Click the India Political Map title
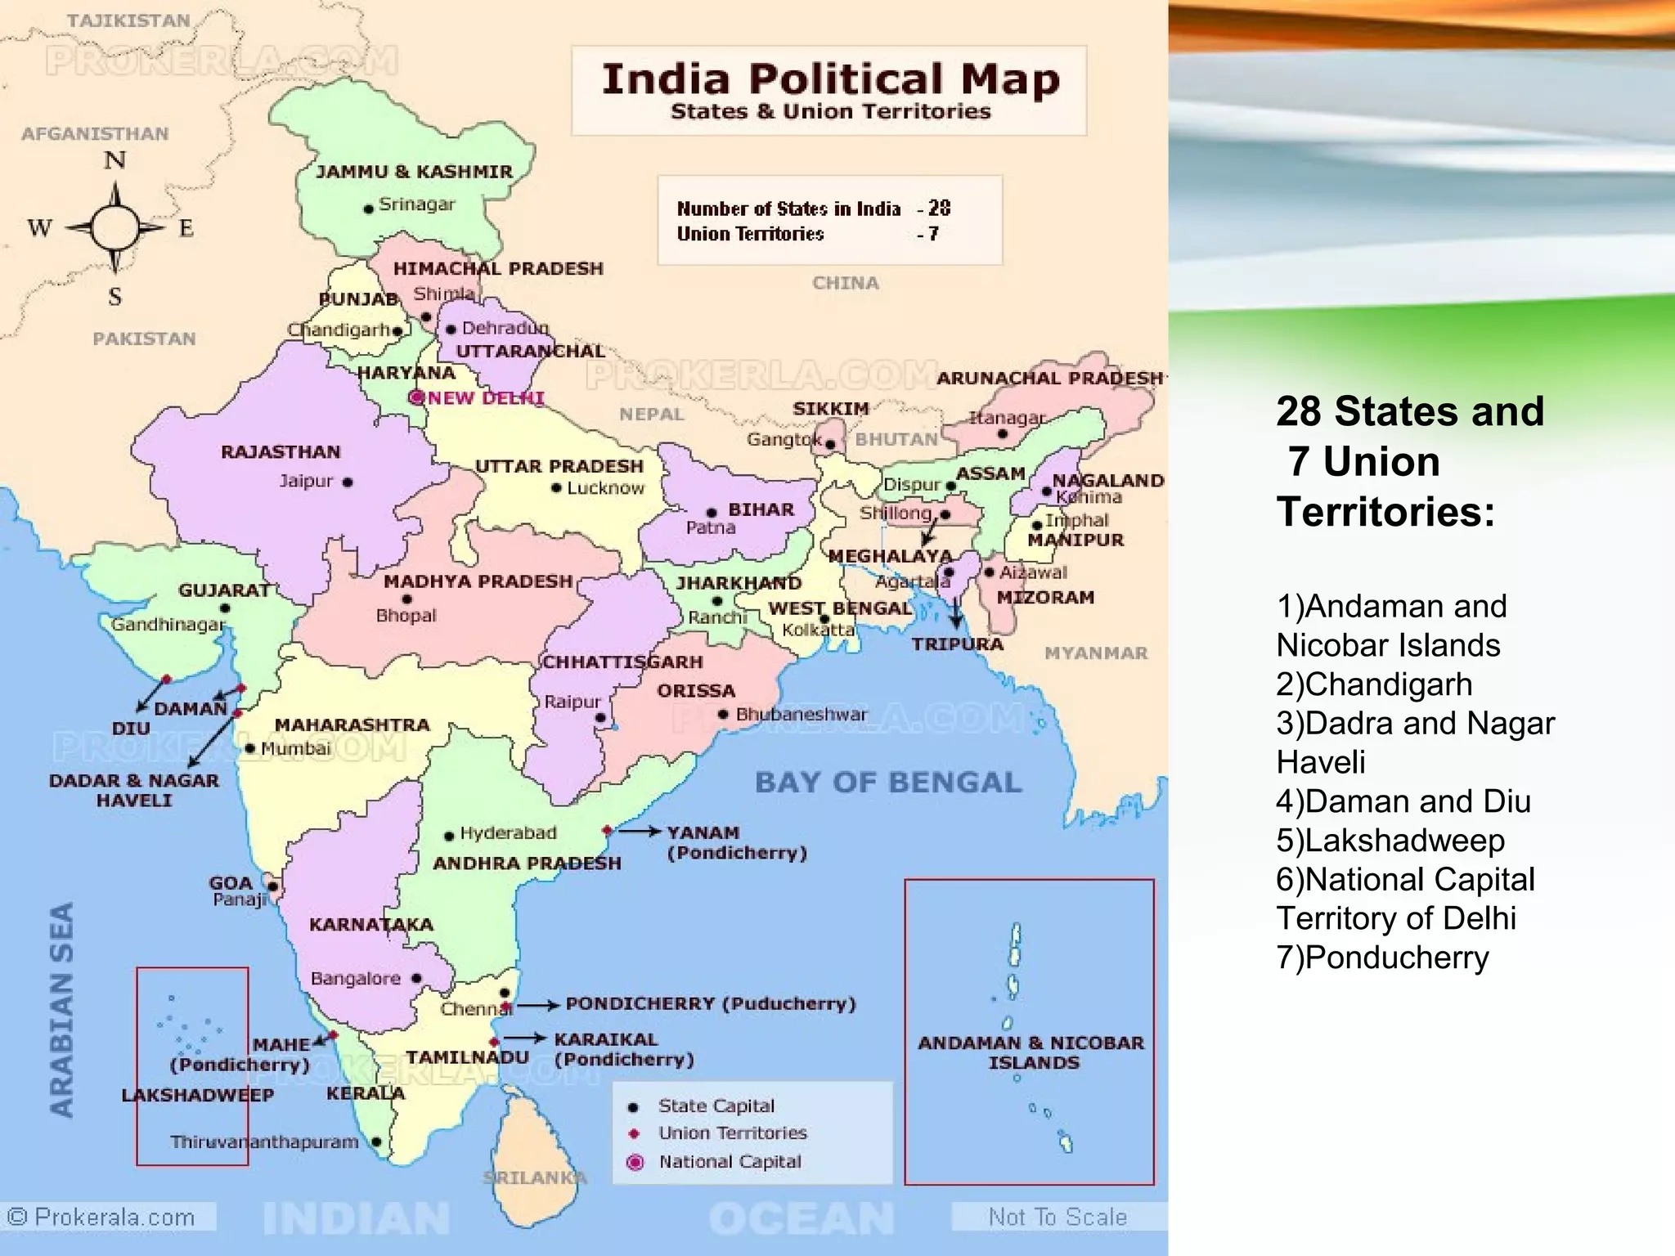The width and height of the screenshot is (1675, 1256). pos(830,80)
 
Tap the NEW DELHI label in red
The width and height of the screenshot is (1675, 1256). pos(486,398)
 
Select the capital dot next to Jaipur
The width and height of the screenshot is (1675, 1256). pos(348,482)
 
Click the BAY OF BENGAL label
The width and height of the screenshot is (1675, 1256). pos(888,783)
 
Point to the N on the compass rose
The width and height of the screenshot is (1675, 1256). pos(115,160)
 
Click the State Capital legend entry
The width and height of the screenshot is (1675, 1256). pos(715,1106)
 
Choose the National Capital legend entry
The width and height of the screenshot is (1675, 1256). pos(729,1162)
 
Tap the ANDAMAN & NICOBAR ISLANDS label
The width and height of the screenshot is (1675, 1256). pos(1032,1052)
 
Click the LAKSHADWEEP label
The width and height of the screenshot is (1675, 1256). pos(197,1096)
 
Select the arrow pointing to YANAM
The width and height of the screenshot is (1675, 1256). pos(639,832)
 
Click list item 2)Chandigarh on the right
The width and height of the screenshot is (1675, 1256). pos(1374,684)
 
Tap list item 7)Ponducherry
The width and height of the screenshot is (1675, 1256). pos(1382,958)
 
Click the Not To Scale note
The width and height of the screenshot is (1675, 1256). pos(1057,1218)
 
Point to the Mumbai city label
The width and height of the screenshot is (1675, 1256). pos(295,748)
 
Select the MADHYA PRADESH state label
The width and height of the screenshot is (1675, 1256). pos(478,581)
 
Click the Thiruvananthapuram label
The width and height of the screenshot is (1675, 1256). pos(264,1142)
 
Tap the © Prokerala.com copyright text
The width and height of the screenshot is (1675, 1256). pos(102,1218)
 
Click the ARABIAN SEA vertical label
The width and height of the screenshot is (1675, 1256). pos(62,1010)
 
